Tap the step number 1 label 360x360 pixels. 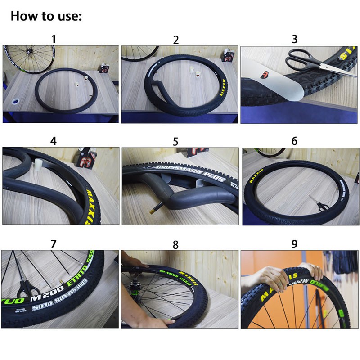54,39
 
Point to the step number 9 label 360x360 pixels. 294,244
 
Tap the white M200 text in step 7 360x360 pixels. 43,298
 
